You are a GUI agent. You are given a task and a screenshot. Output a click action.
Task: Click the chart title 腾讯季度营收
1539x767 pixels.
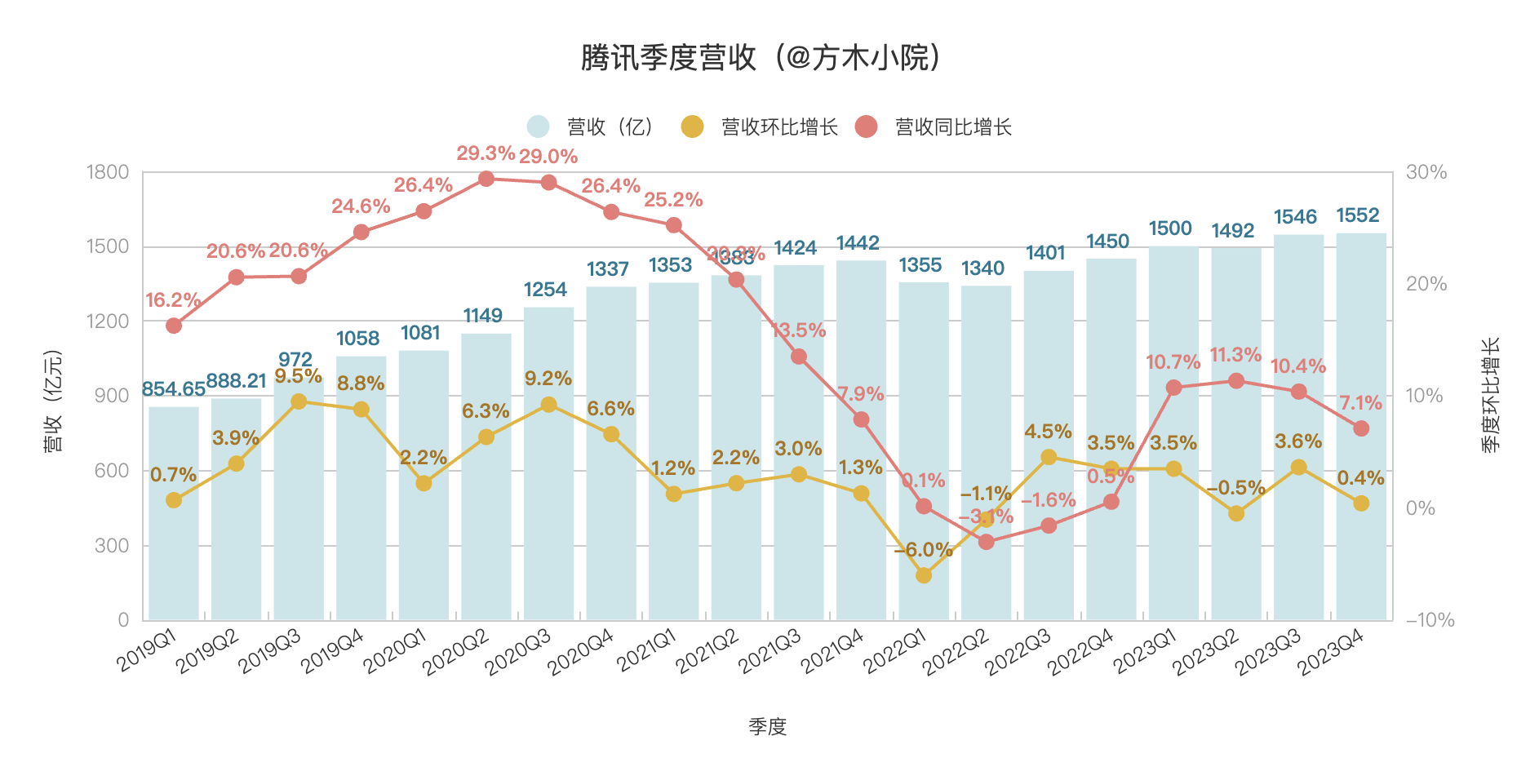pyautogui.click(x=761, y=57)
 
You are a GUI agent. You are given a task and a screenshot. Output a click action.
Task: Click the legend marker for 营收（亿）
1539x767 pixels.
pyautogui.click(x=538, y=126)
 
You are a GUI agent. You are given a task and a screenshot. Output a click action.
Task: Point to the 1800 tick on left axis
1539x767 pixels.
pyautogui.click(x=108, y=172)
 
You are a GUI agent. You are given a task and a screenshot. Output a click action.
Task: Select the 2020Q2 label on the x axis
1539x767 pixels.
pyautogui.click(x=455, y=651)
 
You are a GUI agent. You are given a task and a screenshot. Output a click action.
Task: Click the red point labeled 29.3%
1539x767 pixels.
pyautogui.click(x=486, y=179)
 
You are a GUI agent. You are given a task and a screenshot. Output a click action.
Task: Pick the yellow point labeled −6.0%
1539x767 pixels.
pyautogui.click(x=924, y=575)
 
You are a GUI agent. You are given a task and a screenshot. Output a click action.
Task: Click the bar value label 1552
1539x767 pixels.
pyautogui.click(x=1358, y=215)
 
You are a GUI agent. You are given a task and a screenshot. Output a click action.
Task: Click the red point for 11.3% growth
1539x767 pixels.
pyautogui.click(x=1236, y=381)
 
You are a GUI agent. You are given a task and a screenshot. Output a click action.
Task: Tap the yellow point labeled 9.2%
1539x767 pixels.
pyautogui.click(x=549, y=405)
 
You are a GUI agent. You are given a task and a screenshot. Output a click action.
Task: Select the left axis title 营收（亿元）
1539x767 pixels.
pyautogui.click(x=53, y=400)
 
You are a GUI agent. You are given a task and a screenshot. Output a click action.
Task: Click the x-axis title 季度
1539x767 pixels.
pyautogui.click(x=767, y=726)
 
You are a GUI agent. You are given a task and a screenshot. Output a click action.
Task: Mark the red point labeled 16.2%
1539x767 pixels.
pyautogui.click(x=174, y=326)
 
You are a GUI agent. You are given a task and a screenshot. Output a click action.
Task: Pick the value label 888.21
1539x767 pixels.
pyautogui.click(x=236, y=381)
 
